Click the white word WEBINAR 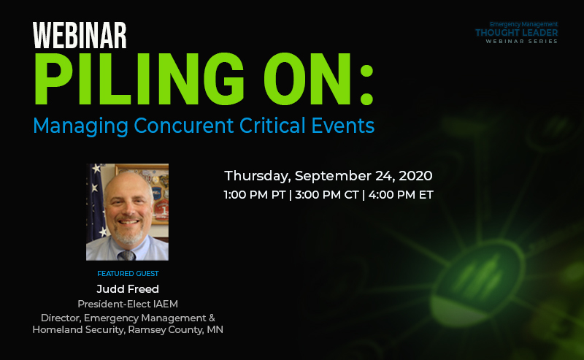point(80,35)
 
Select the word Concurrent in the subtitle point(184,125)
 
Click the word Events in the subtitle point(342,125)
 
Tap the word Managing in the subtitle point(81,126)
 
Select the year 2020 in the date point(415,176)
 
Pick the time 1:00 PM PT point(255,195)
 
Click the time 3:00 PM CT point(326,195)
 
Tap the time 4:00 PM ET point(401,195)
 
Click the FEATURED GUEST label point(128,274)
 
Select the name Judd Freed point(128,289)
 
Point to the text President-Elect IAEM point(128,304)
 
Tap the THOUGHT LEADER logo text point(517,33)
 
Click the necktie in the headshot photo point(126,256)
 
